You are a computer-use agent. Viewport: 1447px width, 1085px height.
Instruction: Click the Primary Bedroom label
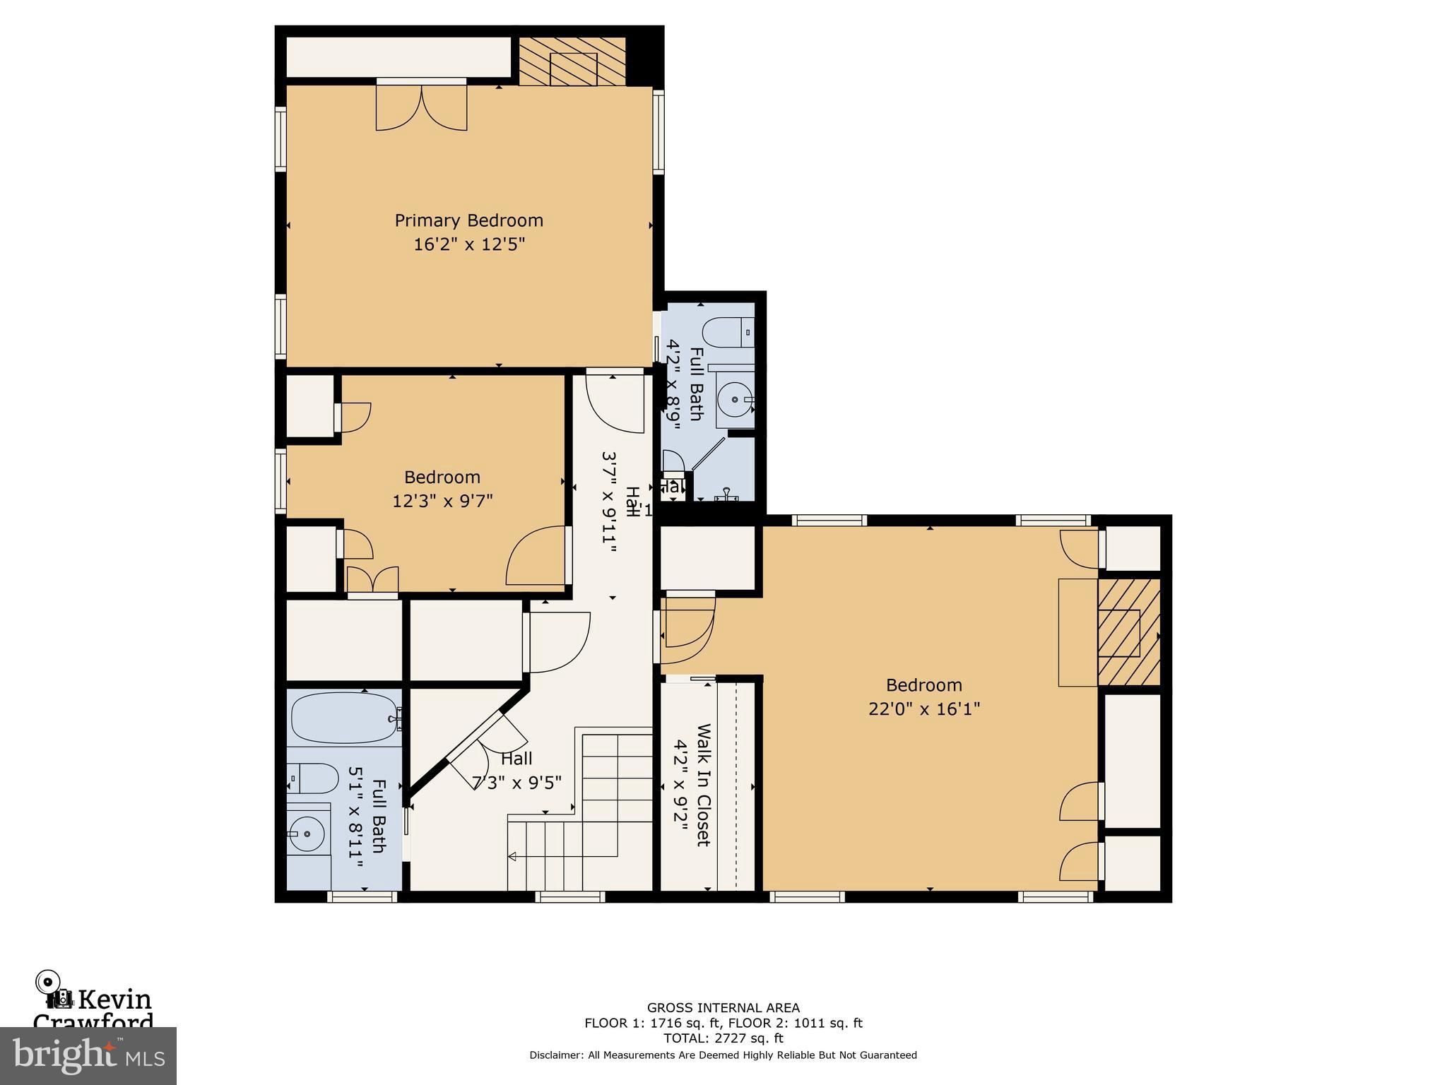coord(468,220)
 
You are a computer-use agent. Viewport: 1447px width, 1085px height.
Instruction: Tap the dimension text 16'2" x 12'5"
coord(468,245)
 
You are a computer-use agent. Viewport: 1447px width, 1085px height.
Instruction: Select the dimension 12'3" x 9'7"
coord(442,501)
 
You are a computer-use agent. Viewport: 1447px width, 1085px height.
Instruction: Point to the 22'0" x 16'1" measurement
coord(924,708)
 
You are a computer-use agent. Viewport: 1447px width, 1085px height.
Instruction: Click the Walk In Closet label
coord(703,784)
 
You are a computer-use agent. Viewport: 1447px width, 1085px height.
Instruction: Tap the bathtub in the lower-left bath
coord(343,718)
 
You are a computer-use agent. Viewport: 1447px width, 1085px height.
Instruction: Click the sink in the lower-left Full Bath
coord(307,834)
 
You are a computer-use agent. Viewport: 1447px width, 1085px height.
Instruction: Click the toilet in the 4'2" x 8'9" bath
coord(728,332)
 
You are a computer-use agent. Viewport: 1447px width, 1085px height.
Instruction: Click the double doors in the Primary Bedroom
coord(422,107)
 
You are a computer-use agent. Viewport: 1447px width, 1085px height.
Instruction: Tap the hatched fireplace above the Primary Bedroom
coord(573,62)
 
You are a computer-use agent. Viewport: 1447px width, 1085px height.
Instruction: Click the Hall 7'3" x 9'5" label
coord(516,771)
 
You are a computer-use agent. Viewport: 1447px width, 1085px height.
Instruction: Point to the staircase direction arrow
coord(512,857)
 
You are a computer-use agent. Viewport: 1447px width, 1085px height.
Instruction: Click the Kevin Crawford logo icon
coord(55,990)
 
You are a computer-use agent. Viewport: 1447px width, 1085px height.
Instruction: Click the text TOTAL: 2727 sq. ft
coord(723,1038)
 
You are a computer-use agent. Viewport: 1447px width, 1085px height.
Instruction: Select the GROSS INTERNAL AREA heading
coord(723,1008)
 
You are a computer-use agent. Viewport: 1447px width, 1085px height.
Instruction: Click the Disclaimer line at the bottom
coord(723,1055)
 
